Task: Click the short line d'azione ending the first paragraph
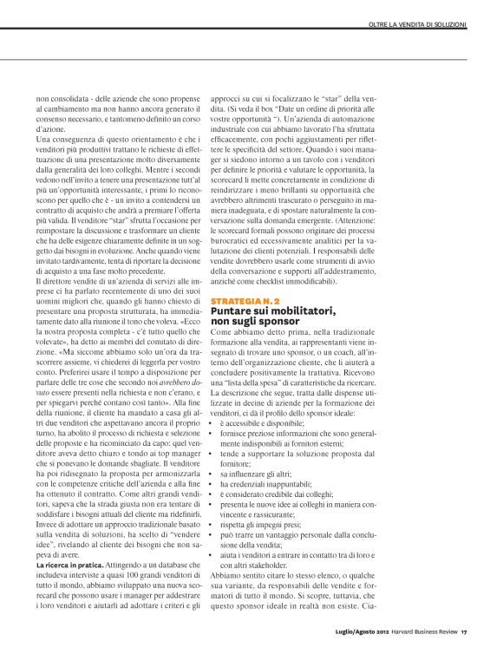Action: point(50,128)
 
